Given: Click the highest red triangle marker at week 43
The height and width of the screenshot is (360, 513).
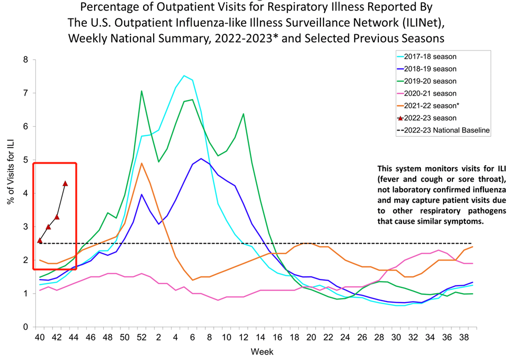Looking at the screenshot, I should pyautogui.click(x=65, y=183).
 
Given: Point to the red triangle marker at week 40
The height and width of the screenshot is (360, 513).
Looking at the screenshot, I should pyautogui.click(x=40, y=241).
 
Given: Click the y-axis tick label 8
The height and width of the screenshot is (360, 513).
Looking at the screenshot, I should pyautogui.click(x=25, y=60).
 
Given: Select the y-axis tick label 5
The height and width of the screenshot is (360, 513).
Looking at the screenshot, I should pyautogui.click(x=25, y=160).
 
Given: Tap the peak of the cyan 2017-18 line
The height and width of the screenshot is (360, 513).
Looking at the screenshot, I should pyautogui.click(x=184, y=76).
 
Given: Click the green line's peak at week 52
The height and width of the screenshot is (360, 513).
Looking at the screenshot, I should pyautogui.click(x=142, y=91).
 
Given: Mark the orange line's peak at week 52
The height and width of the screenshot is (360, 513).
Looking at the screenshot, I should pyautogui.click(x=142, y=163).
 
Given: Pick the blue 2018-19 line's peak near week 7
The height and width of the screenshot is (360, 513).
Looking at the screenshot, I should pyautogui.click(x=201, y=158).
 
